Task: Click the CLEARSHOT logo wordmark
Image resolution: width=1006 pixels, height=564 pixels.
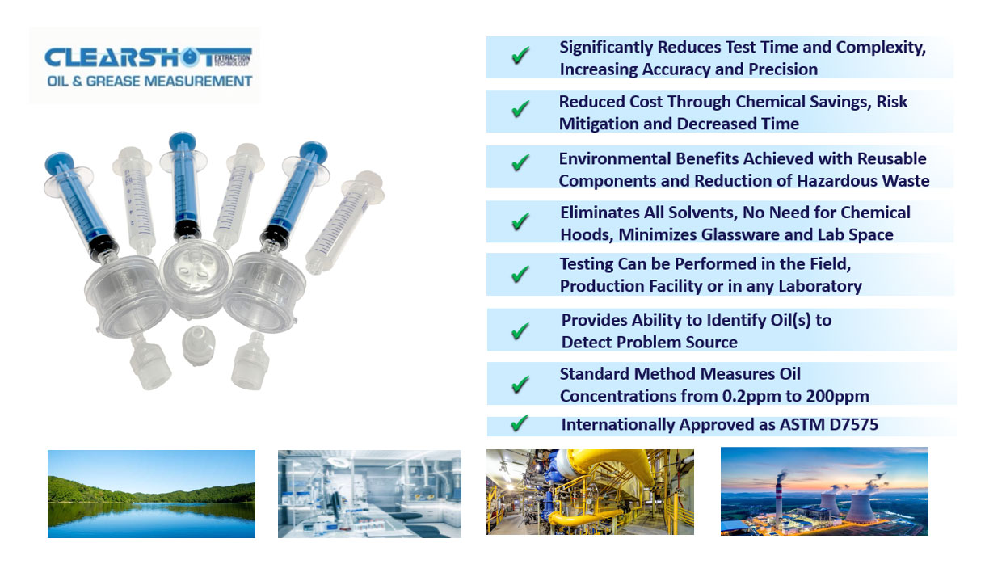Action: pyautogui.click(x=129, y=58)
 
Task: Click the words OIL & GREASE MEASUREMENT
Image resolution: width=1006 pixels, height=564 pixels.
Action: pyautogui.click(x=149, y=81)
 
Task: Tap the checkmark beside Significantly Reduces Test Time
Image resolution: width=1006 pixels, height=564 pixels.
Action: pyautogui.click(x=520, y=57)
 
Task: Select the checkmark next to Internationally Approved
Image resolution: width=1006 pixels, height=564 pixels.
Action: pyautogui.click(x=520, y=423)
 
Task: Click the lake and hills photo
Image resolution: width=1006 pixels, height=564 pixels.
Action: pyautogui.click(x=151, y=494)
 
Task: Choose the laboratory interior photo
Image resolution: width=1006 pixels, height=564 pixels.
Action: pyautogui.click(x=369, y=494)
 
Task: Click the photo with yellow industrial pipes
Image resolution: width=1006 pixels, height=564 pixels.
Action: pyautogui.click(x=590, y=492)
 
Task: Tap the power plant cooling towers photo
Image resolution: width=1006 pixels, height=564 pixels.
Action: pyautogui.click(x=824, y=491)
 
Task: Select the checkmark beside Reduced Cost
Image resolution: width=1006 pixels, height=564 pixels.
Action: pyautogui.click(x=520, y=110)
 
